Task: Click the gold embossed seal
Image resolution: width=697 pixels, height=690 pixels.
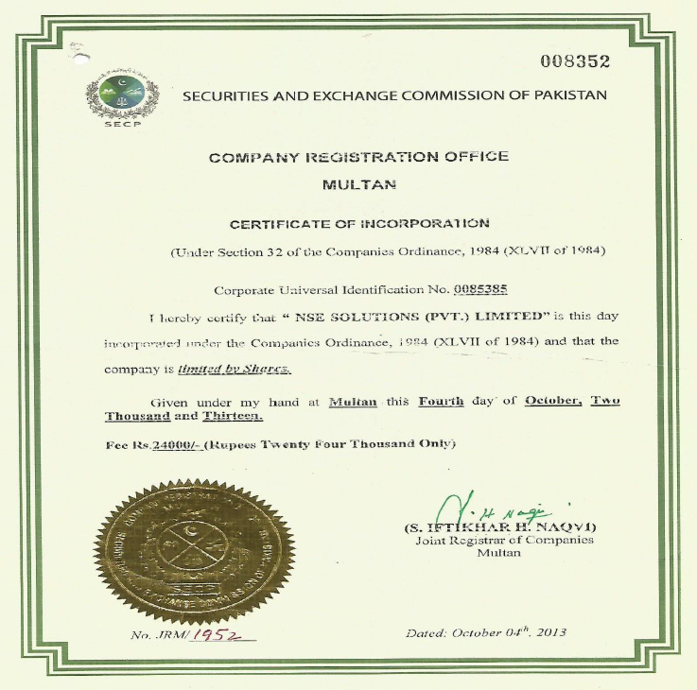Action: point(194,551)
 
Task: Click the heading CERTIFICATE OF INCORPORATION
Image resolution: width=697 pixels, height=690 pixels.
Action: point(360,224)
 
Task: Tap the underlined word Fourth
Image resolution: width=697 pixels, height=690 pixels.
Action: point(441,400)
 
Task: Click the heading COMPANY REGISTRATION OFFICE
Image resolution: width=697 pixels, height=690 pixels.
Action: point(358,156)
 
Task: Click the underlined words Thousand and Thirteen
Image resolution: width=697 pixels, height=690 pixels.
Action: point(184,416)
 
